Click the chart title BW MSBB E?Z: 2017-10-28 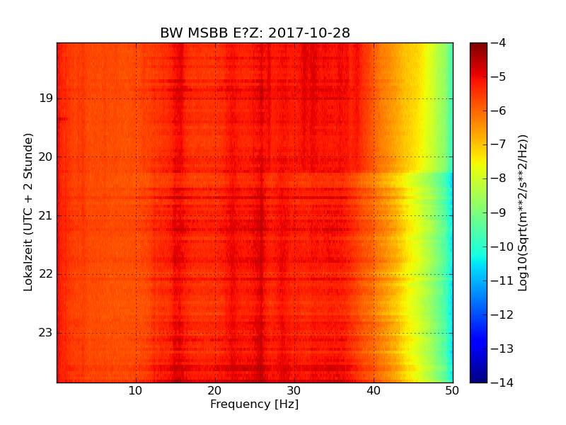(255, 33)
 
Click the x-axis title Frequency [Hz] (255, 404)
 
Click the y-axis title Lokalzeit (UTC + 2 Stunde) (28, 212)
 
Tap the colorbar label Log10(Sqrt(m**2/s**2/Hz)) (523, 212)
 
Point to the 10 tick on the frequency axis (136, 390)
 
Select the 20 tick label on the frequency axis (215, 390)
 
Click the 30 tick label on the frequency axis (294, 390)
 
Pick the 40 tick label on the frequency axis (374, 390)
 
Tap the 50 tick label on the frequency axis (452, 390)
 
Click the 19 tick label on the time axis (45, 98)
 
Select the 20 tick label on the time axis (45, 157)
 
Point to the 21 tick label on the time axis (45, 215)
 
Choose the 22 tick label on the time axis (45, 274)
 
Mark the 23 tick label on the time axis (45, 333)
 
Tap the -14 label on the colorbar (499, 382)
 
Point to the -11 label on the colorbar (499, 280)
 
